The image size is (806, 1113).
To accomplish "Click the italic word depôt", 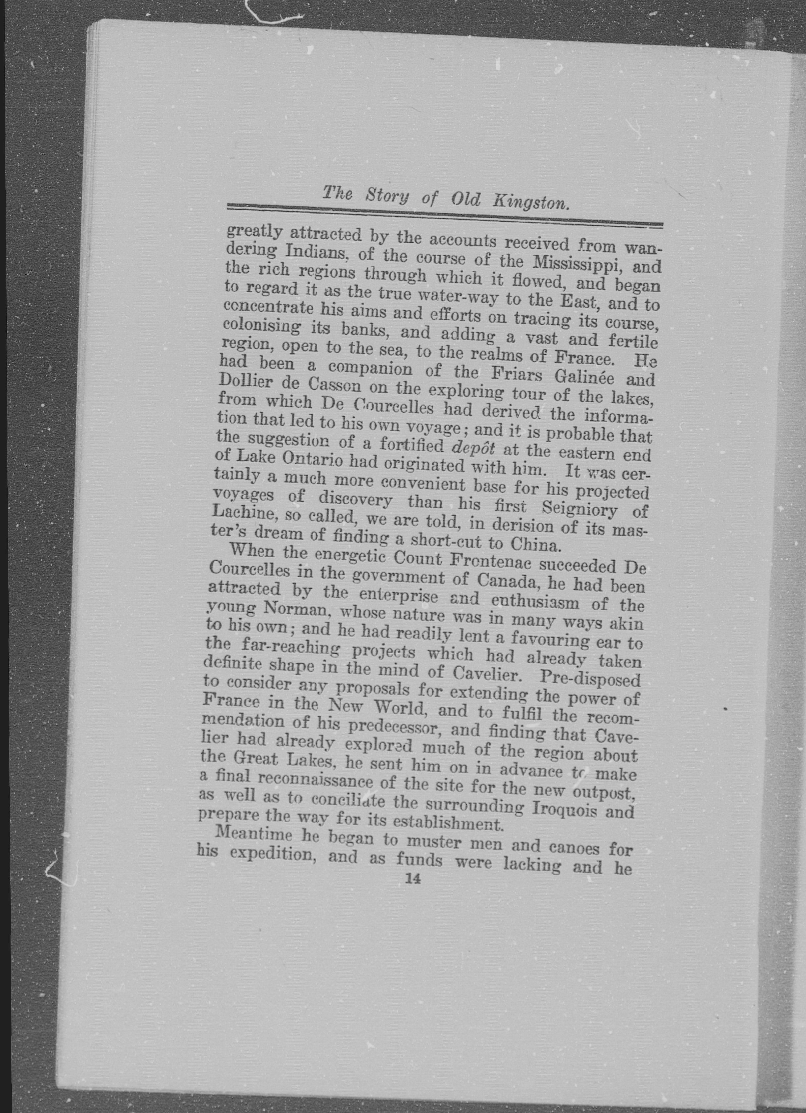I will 473,448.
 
